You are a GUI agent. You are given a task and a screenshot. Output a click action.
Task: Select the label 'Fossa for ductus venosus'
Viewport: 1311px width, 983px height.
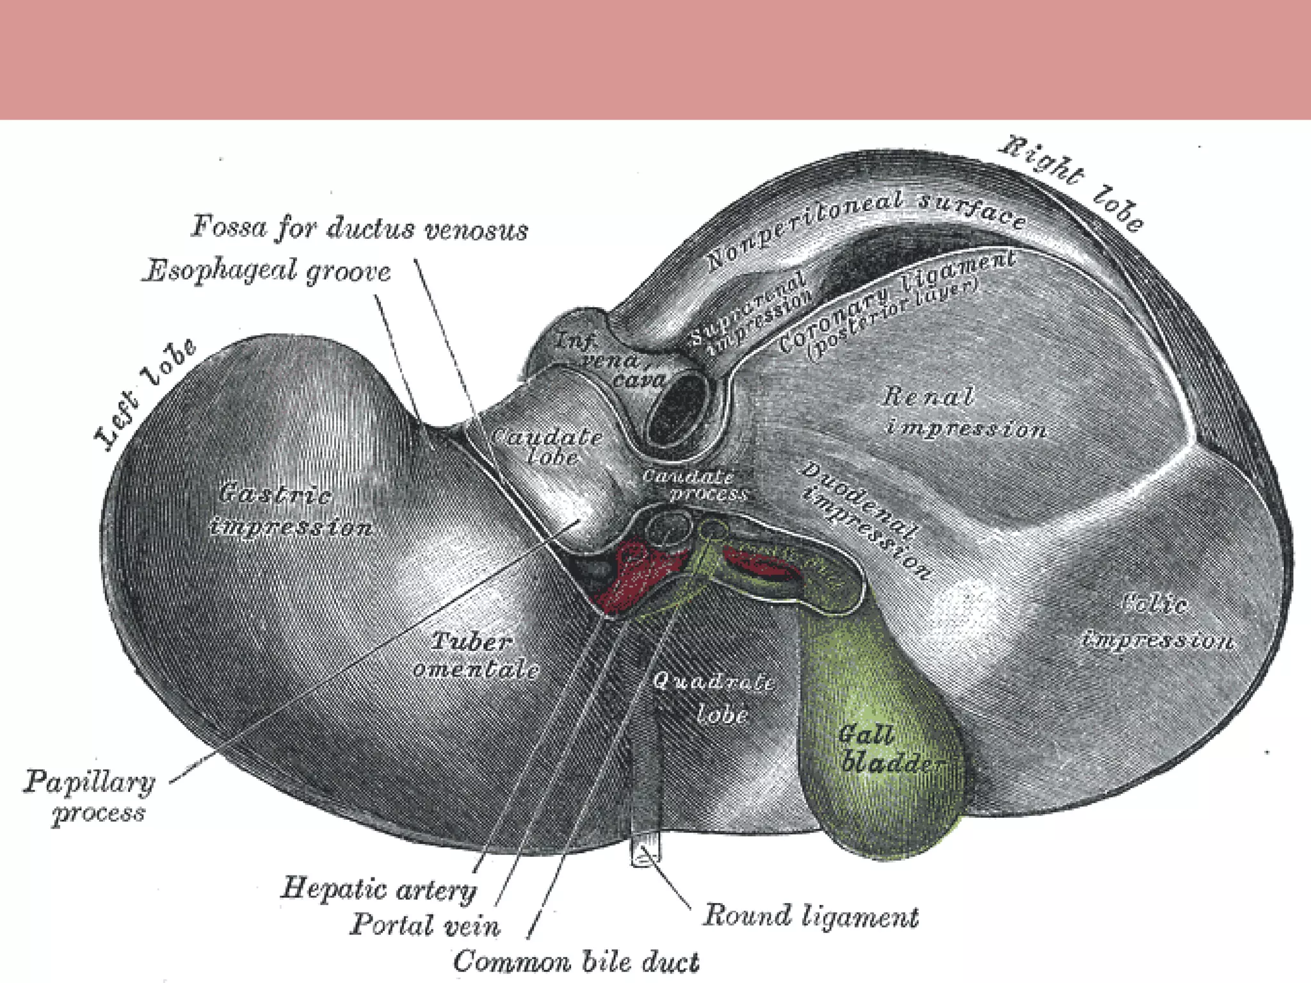(360, 228)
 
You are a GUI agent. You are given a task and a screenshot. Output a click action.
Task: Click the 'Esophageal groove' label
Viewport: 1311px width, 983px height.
(266, 272)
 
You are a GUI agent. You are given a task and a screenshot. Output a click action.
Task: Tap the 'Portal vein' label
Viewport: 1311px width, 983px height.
(424, 925)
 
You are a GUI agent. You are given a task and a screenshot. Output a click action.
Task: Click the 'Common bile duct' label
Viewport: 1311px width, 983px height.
(576, 962)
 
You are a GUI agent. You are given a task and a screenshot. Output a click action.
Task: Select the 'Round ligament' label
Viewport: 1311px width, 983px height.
(810, 916)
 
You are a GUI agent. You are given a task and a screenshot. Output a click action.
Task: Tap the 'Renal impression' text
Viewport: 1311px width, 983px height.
(963, 413)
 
